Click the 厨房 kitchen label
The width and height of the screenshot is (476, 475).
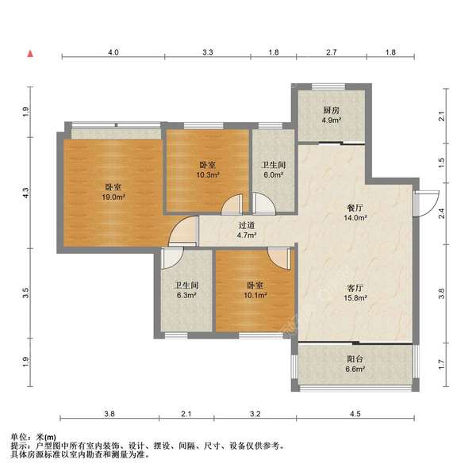332,111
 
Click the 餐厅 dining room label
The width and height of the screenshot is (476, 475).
354,208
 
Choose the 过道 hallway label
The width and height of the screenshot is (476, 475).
247,225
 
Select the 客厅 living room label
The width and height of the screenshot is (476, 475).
354,287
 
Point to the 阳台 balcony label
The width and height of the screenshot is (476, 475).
355,358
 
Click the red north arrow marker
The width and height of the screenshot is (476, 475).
30,55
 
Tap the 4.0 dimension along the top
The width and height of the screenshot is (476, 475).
113,52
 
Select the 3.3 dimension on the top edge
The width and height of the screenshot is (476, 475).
208,52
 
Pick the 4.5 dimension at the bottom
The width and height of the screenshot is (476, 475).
355,414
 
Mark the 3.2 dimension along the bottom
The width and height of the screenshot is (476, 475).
255,414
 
